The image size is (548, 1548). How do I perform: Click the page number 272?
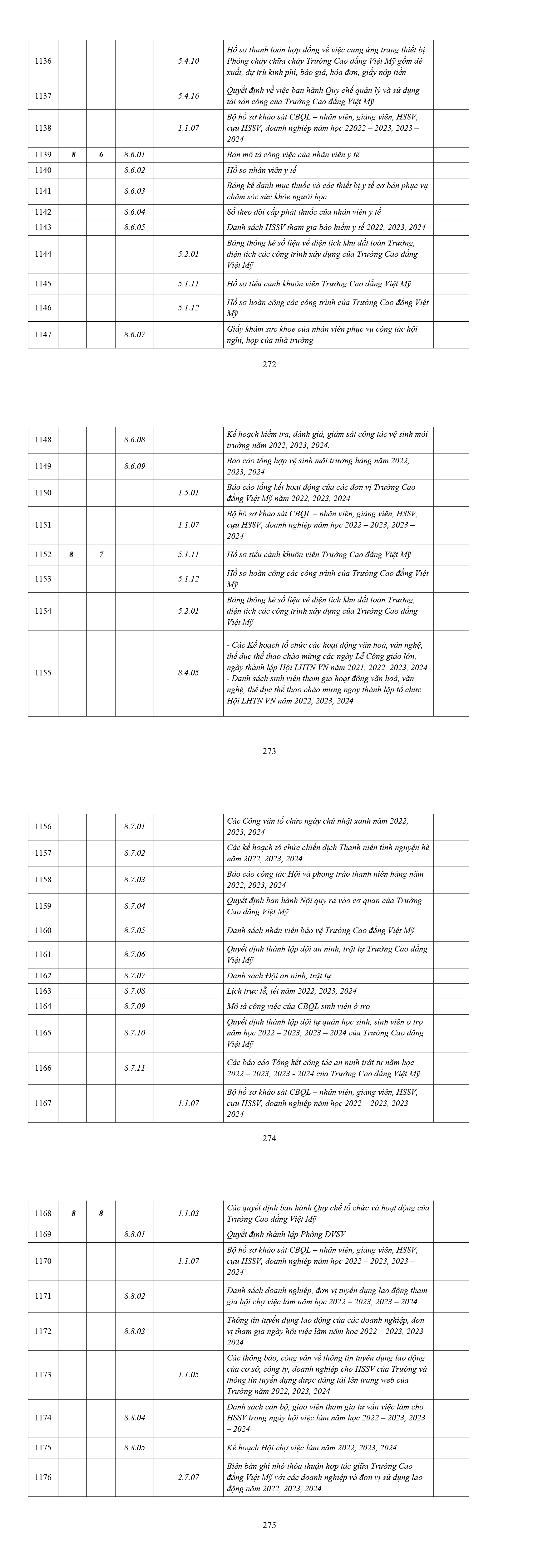click(x=269, y=364)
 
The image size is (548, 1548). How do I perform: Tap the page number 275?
click(x=269, y=1525)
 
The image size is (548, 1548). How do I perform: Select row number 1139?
click(x=43, y=154)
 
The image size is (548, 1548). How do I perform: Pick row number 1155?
click(x=43, y=672)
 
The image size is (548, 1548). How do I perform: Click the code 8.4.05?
click(x=188, y=672)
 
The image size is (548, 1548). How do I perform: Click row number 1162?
click(x=43, y=975)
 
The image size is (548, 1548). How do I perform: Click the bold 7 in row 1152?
click(x=101, y=555)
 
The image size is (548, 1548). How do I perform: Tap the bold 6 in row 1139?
click(x=101, y=154)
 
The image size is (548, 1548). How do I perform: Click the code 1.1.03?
click(x=188, y=1213)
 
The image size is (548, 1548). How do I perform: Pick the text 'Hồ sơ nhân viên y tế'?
click(x=262, y=170)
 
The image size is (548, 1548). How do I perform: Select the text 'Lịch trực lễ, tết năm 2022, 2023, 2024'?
click(x=292, y=991)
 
